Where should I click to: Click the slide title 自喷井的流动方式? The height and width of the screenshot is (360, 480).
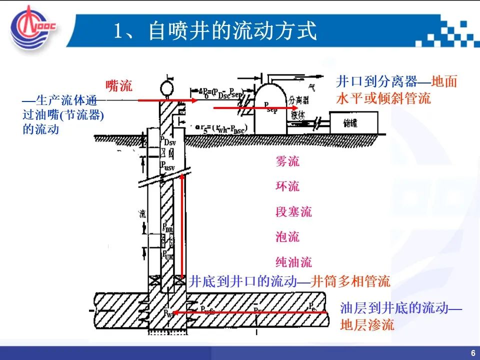215,31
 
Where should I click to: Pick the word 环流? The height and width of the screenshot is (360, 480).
287,186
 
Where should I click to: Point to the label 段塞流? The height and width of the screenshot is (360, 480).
293,211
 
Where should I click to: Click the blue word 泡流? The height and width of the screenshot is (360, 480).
287,236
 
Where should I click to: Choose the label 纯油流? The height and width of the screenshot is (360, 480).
293,261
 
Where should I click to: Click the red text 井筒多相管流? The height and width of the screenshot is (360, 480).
350,281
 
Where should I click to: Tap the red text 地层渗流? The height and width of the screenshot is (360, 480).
367,325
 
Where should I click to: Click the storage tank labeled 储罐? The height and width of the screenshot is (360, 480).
353,123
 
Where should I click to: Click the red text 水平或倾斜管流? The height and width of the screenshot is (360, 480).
383,98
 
